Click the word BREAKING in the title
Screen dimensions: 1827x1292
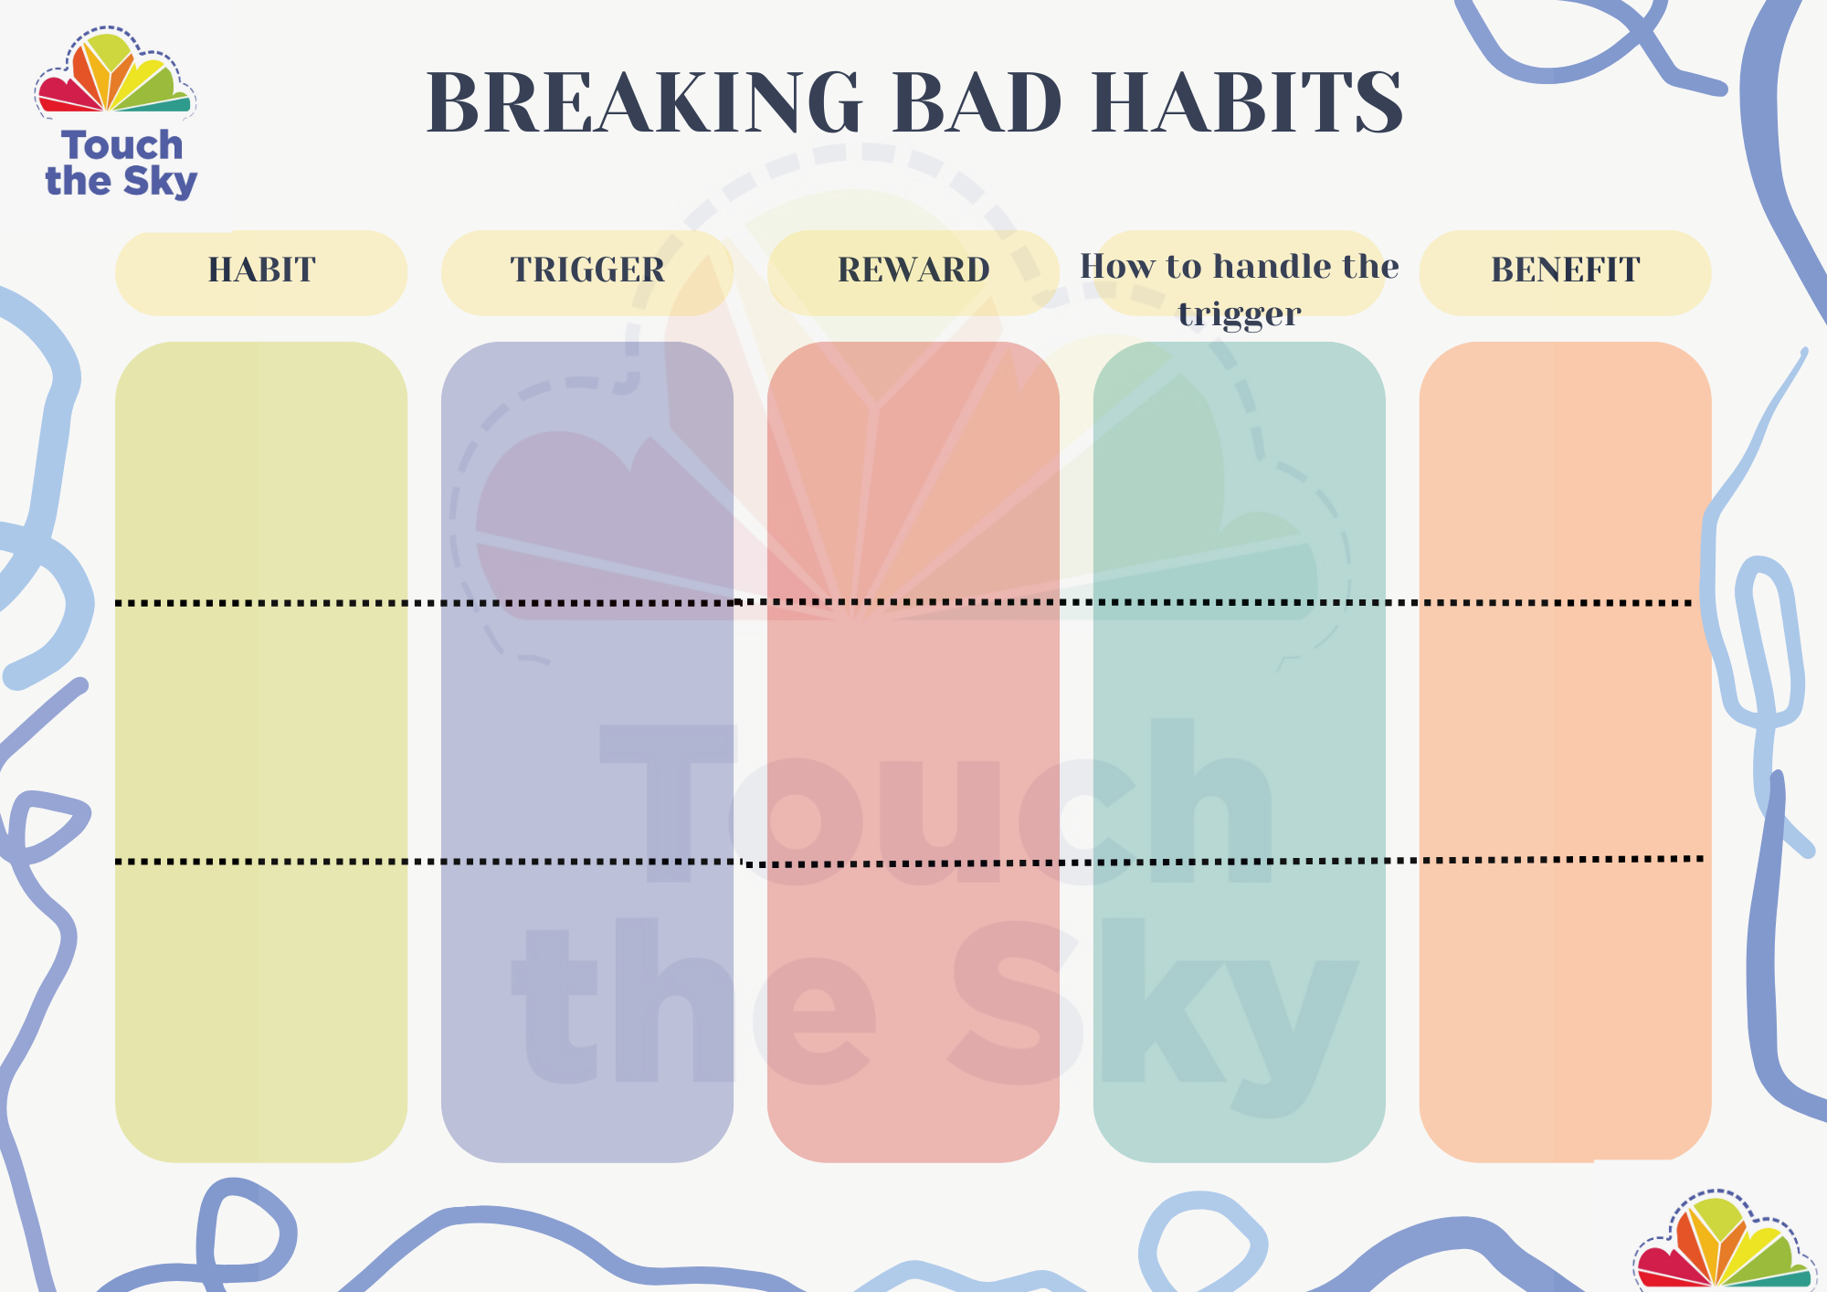point(644,102)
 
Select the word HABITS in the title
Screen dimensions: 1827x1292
point(1247,102)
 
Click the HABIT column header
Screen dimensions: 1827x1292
point(261,270)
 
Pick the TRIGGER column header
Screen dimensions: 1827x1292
point(587,270)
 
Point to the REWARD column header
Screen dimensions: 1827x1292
point(913,270)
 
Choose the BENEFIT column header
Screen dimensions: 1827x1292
point(1565,270)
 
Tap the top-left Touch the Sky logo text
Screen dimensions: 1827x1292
point(121,164)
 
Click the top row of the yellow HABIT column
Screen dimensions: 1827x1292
point(261,471)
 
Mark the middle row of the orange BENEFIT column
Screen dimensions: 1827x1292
point(1565,732)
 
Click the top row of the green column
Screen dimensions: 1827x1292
point(1240,471)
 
